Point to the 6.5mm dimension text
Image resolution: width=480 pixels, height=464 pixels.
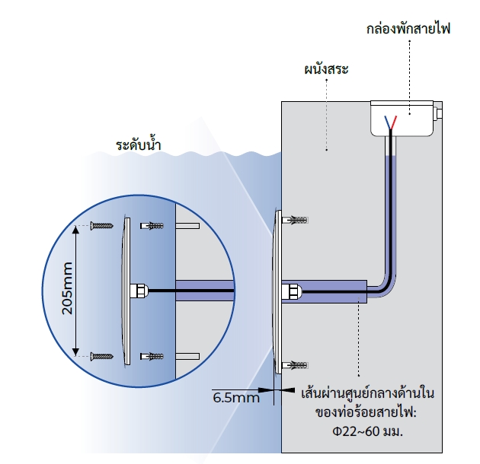click(x=236, y=397)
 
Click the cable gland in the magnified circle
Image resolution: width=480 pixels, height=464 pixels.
click(x=138, y=291)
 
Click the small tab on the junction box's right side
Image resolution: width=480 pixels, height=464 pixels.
click(x=440, y=113)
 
